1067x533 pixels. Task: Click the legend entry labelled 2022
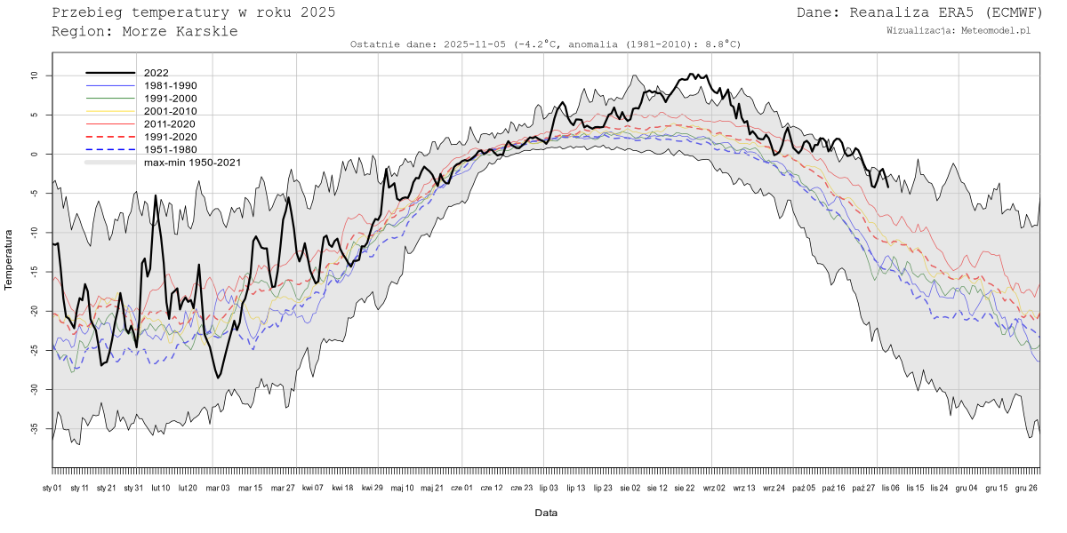click(156, 73)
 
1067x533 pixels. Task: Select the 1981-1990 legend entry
click(170, 85)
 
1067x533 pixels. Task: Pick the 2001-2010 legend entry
click(170, 111)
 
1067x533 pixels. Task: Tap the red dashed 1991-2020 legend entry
click(170, 137)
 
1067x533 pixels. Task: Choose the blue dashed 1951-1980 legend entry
click(170, 149)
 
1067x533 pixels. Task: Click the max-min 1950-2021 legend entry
click(191, 163)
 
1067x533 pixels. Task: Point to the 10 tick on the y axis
click(35, 76)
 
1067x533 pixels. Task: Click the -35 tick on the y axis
click(33, 428)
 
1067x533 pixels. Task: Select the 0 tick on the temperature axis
click(36, 155)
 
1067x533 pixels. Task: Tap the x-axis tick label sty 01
click(52, 488)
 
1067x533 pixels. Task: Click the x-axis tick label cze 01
click(461, 488)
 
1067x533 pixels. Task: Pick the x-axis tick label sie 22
click(684, 488)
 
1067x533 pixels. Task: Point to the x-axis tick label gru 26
click(1026, 488)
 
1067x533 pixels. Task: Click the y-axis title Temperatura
click(10, 259)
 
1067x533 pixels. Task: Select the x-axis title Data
click(546, 513)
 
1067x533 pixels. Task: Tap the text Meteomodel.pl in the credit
click(996, 30)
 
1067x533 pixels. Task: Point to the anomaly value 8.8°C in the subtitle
click(720, 44)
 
